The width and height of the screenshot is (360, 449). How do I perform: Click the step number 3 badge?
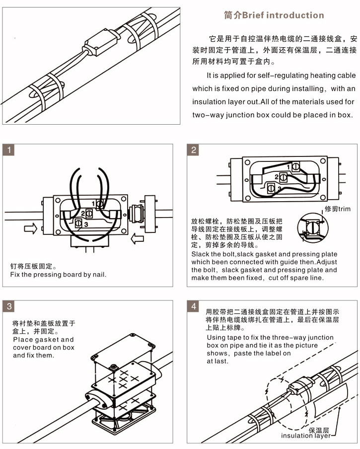[x=9, y=306]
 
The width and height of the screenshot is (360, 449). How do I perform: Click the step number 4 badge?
[x=194, y=306]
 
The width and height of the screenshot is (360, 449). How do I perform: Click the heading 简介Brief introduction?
[x=274, y=15]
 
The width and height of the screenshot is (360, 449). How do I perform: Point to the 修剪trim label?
[x=337, y=209]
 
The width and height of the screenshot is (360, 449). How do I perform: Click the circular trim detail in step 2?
[x=312, y=229]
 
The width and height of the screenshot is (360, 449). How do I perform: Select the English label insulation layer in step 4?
[x=305, y=436]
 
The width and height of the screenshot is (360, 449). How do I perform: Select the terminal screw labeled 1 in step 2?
[x=294, y=167]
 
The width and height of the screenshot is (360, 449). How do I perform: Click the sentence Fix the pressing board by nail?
[x=59, y=275]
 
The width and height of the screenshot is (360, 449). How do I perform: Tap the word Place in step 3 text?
[x=23, y=340]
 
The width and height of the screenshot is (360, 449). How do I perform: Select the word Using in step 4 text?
[x=216, y=337]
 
